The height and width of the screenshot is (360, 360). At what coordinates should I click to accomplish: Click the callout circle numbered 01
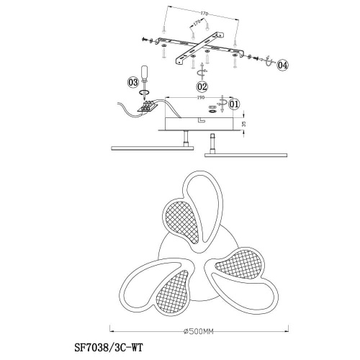click(235, 104)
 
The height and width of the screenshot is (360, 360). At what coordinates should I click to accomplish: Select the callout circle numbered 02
click(202, 86)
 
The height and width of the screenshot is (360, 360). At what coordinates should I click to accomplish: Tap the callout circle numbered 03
click(133, 83)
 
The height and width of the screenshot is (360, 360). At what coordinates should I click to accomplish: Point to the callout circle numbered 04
click(282, 65)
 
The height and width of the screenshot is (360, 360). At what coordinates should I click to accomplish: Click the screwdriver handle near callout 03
click(145, 73)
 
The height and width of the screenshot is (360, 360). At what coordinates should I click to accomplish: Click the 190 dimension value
click(200, 98)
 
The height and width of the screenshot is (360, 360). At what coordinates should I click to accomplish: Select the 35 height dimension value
click(244, 124)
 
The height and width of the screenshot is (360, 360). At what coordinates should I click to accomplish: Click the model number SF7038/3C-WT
click(109, 347)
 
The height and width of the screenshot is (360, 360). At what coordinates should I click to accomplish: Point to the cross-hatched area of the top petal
click(182, 221)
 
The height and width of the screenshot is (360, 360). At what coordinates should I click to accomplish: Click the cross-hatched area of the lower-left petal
click(173, 291)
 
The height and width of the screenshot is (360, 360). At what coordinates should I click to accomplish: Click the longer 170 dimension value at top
click(204, 14)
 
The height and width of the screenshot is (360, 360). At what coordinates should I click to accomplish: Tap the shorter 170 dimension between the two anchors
click(197, 23)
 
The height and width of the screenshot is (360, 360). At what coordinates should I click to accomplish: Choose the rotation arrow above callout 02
click(202, 71)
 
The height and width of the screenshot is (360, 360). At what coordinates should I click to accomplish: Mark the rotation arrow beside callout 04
click(269, 62)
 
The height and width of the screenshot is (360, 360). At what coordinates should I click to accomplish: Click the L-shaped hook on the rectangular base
click(201, 120)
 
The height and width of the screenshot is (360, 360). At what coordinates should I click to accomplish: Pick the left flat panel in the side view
click(153, 148)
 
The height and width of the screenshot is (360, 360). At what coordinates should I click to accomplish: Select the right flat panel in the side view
click(246, 155)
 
